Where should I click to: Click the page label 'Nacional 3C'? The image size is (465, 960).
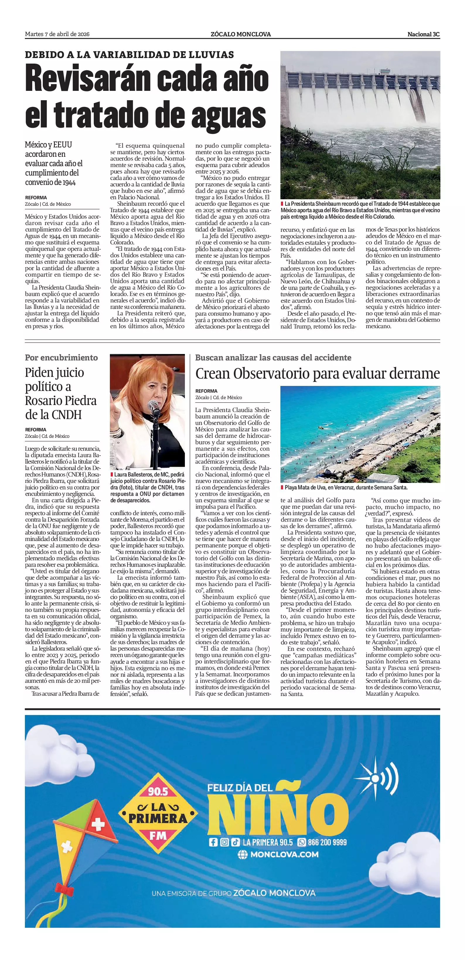click(x=423, y=34)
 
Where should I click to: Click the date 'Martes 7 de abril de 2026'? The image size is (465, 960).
click(x=57, y=34)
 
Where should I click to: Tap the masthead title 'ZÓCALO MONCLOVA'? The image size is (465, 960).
click(x=240, y=34)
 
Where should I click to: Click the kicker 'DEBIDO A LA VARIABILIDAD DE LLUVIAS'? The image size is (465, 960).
click(x=129, y=55)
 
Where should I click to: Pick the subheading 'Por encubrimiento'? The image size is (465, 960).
click(x=62, y=358)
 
